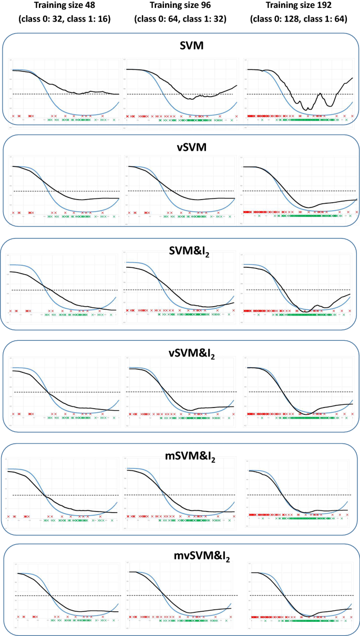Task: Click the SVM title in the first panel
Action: [180, 48]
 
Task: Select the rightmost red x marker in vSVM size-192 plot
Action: [356, 212]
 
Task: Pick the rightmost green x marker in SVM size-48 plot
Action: [114, 120]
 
